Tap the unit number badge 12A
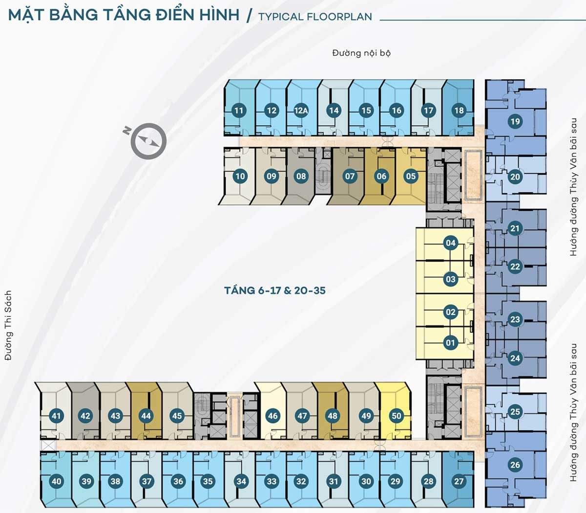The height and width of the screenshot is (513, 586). click(x=301, y=111)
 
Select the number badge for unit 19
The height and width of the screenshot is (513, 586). click(x=515, y=121)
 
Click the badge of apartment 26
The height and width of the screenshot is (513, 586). click(x=515, y=465)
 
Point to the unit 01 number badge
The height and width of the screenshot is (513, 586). click(x=450, y=343)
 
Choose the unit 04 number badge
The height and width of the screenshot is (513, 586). click(x=450, y=243)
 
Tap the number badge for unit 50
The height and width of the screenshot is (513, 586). click(x=396, y=416)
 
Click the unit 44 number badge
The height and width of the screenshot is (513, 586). click(x=146, y=416)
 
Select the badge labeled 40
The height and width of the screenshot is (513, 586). click(x=57, y=481)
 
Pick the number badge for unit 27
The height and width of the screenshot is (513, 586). click(x=459, y=481)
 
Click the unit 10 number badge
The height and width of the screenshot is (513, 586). click(x=240, y=176)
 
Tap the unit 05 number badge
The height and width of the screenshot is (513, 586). click(x=411, y=176)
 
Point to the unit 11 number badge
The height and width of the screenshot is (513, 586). click(x=238, y=111)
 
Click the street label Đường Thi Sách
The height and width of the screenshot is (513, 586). click(x=8, y=326)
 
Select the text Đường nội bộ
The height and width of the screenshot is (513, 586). click(x=361, y=53)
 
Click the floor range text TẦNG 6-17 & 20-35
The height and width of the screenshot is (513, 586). click(x=275, y=290)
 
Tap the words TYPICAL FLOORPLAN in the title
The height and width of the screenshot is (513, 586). click(x=315, y=17)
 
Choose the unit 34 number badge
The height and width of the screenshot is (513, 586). click(x=241, y=481)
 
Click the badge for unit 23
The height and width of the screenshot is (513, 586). click(x=515, y=320)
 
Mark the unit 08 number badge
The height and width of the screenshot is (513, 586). click(x=301, y=176)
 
